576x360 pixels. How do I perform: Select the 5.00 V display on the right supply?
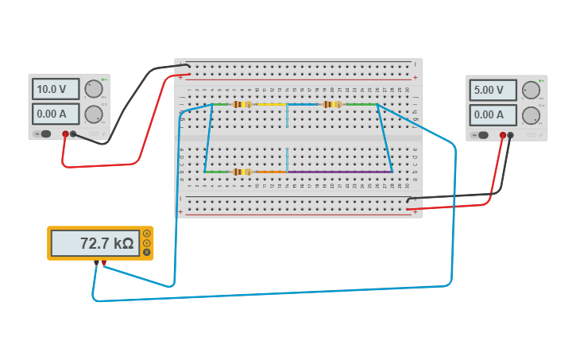coord(493,90)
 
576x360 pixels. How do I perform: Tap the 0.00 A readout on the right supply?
coord(493,114)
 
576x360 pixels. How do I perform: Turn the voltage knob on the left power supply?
coord(94,89)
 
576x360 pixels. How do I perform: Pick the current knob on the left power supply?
coord(94,114)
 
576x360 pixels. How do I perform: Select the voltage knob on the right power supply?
coord(531,90)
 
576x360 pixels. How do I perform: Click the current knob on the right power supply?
coord(531,115)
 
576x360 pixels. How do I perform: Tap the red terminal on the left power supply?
coord(65,134)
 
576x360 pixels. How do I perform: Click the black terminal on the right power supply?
coord(511,135)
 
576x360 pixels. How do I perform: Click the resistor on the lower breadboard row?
coord(242,172)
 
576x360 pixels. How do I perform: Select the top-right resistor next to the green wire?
coord(332,104)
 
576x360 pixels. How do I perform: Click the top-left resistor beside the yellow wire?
coord(242,104)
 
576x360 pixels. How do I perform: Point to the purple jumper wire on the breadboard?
coord(339,172)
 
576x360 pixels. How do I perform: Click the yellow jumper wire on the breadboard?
coord(272,104)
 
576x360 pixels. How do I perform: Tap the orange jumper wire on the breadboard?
coord(271,172)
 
